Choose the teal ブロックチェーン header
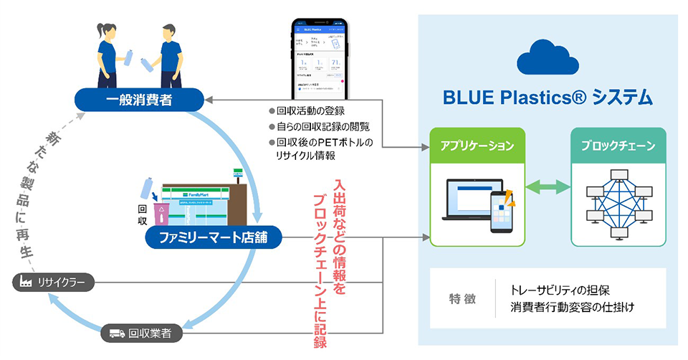[x=618, y=146]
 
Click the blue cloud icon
[x=548, y=56]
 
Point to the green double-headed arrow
[x=547, y=187]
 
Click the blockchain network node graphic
[x=618, y=202]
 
